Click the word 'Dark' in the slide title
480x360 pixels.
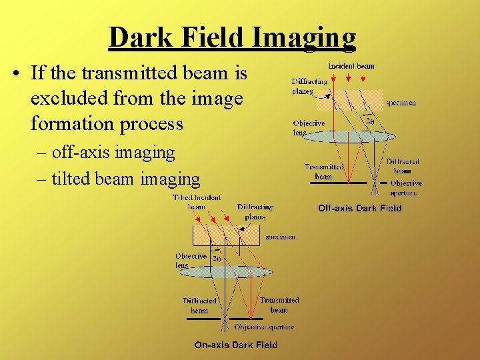[138, 37]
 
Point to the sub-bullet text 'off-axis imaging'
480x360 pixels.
[113, 152]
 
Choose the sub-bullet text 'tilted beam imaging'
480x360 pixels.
[125, 178]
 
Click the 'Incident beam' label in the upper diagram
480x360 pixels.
[351, 66]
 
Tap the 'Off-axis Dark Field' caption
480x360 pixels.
[359, 208]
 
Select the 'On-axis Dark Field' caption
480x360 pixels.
[235, 345]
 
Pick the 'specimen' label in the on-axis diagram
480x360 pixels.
[280, 237]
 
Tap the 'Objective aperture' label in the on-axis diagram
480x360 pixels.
[264, 327]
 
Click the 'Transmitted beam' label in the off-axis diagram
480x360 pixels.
[324, 171]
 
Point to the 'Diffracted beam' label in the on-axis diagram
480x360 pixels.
[199, 305]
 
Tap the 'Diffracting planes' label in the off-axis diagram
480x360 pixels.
[309, 86]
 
